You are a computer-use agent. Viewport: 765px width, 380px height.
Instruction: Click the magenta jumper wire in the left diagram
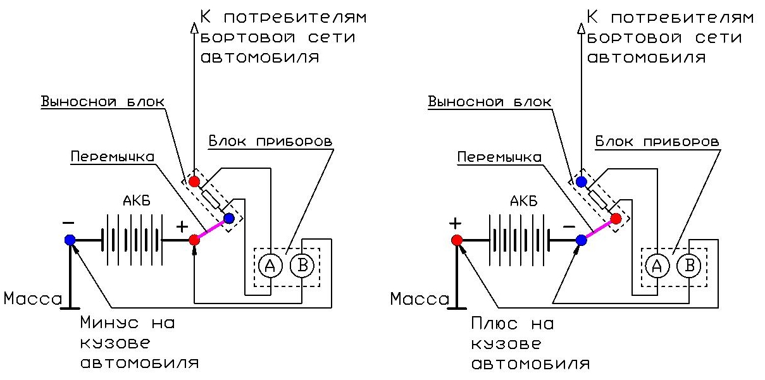211,230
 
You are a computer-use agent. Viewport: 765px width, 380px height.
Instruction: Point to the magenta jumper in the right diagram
599,230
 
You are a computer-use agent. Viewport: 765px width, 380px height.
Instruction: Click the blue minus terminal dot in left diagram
70,240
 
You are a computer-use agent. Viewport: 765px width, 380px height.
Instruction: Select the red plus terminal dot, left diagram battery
195,240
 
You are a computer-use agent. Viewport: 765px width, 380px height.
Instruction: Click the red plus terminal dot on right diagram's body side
456,240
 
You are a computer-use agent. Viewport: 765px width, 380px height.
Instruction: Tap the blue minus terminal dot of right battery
582,240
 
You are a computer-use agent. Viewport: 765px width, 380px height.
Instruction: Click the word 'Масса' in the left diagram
32,298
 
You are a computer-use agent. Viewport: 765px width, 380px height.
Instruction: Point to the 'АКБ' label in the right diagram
523,202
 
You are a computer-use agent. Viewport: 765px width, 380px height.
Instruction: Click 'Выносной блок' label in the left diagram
102,102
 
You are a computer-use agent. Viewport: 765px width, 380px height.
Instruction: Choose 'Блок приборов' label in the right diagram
657,140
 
